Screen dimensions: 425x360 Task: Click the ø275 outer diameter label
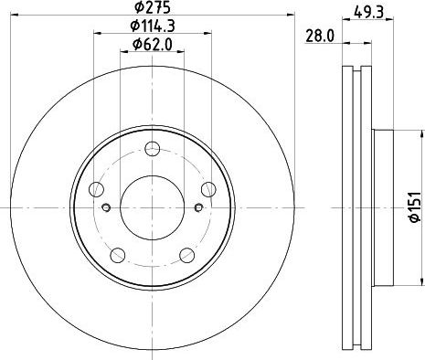pyautogui.click(x=153, y=7)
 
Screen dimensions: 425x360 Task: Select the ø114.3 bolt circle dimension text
pyautogui.click(x=153, y=26)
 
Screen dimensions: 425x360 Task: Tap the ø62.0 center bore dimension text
pyautogui.click(x=153, y=45)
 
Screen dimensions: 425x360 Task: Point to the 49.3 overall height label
pyautogui.click(x=368, y=12)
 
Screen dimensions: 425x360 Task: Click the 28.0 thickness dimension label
pyautogui.click(x=320, y=37)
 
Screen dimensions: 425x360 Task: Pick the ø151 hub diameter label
pyautogui.click(x=415, y=207)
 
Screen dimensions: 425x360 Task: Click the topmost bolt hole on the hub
pyautogui.click(x=153, y=149)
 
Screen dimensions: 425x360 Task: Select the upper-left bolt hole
pyautogui.click(x=96, y=189)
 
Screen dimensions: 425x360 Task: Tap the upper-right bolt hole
pyautogui.click(x=208, y=189)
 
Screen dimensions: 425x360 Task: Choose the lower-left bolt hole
pyautogui.click(x=118, y=255)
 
